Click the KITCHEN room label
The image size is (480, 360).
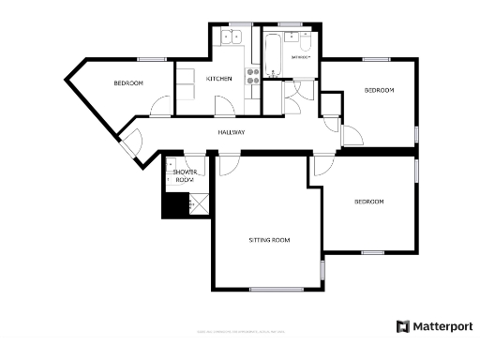point(218,79)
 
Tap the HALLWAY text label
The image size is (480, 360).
point(232,132)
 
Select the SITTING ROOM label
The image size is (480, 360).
point(269,240)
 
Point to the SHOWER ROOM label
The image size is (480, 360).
point(184,175)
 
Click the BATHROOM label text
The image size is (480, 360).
point(300,57)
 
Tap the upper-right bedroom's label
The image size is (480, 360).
point(379,90)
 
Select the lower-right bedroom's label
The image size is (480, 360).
point(368,202)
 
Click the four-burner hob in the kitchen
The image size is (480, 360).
point(252,77)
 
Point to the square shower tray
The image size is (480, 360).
point(199,202)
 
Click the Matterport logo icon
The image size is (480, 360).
point(402,326)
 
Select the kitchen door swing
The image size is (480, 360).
point(221,104)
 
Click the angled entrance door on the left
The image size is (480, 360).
point(129,145)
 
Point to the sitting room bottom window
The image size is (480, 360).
point(275,288)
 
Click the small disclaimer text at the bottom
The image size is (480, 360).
point(240,332)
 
